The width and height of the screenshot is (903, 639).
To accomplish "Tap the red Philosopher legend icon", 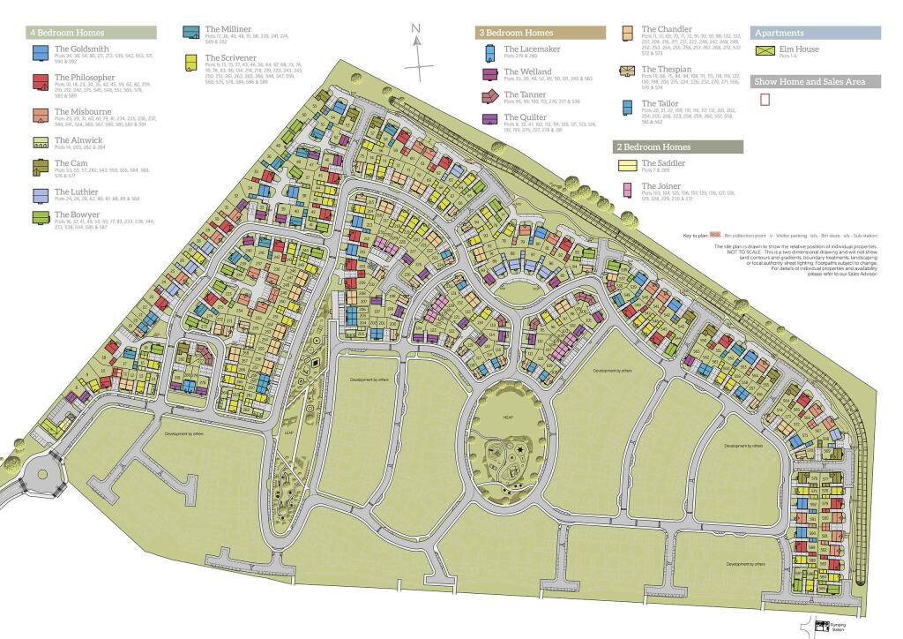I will click(40, 83).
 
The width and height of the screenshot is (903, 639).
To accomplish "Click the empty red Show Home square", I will click(765, 100).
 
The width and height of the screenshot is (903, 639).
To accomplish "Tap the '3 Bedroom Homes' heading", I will click(541, 33).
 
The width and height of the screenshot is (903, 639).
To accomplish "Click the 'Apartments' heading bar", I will click(816, 33).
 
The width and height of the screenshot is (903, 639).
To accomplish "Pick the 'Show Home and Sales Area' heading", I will click(816, 81).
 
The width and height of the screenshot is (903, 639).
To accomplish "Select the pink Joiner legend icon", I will click(627, 189).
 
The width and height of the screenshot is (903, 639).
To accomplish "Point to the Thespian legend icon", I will click(627, 71).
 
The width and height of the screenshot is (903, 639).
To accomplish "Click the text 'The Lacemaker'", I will click(532, 49).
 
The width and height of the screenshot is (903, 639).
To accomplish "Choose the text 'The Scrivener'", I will click(230, 57).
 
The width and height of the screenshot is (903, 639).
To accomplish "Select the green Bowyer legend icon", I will click(40, 217).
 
